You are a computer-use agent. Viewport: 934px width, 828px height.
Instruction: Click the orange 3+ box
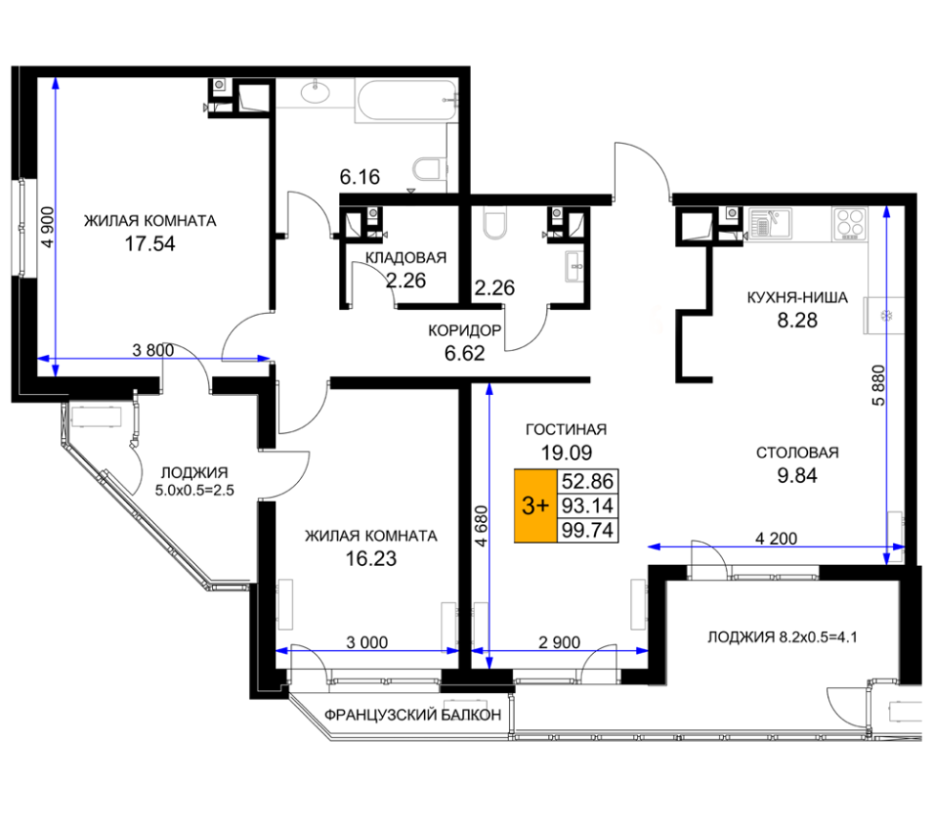[535, 506]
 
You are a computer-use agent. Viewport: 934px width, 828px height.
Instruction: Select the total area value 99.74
[587, 530]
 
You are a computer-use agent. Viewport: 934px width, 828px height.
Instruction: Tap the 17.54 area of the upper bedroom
[150, 243]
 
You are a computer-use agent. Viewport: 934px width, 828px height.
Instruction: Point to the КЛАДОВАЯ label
[405, 257]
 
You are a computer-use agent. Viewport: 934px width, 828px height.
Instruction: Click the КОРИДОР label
[465, 330]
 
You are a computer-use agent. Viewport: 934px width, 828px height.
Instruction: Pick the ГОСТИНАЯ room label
[566, 429]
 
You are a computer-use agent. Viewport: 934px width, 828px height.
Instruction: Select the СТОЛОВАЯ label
[797, 453]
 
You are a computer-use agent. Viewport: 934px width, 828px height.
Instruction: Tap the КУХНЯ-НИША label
[797, 297]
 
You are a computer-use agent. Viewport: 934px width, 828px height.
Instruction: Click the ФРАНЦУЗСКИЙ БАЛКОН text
[413, 715]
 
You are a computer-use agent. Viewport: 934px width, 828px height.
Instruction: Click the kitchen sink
[770, 223]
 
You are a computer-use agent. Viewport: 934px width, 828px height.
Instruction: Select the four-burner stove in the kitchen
[850, 224]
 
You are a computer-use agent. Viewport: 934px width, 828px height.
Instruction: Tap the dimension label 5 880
[878, 385]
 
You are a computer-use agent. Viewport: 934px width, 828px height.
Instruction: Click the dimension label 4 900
[48, 227]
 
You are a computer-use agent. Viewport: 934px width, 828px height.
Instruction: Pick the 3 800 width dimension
[153, 350]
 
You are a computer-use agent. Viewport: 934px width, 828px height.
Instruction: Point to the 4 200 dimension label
[776, 539]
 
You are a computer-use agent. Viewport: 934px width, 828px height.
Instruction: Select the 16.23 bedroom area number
[371, 558]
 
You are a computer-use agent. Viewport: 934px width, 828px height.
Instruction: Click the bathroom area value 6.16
[360, 176]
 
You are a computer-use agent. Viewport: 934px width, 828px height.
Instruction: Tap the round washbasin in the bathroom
[316, 93]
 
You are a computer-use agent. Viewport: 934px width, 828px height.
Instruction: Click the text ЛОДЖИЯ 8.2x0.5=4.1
[783, 637]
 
